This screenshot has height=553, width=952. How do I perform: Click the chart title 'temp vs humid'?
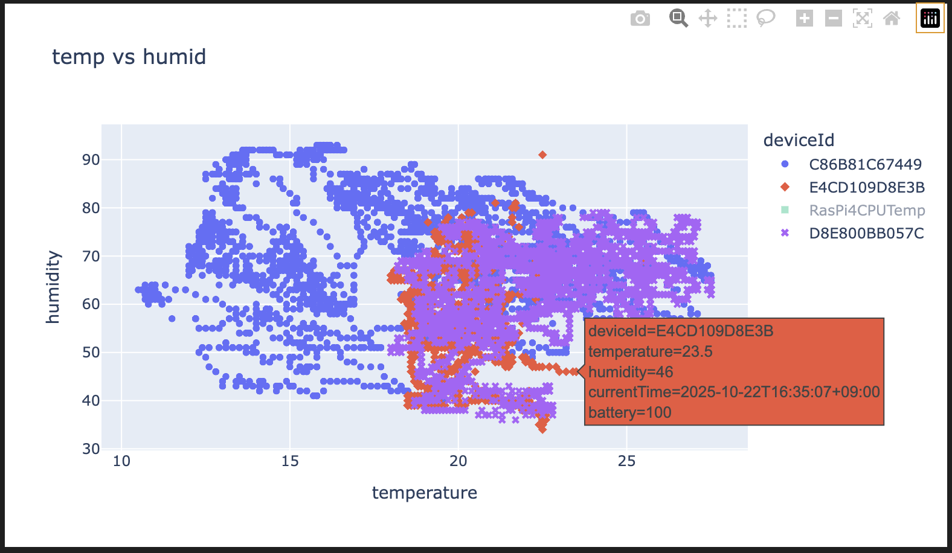pyautogui.click(x=129, y=57)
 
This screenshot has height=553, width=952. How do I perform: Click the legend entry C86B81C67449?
pyautogui.click(x=865, y=164)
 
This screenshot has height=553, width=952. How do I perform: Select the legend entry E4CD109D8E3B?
pyautogui.click(x=866, y=187)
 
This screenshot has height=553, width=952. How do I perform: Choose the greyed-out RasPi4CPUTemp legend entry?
pyautogui.click(x=867, y=210)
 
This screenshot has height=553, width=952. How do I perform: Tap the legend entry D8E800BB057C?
pyautogui.click(x=866, y=233)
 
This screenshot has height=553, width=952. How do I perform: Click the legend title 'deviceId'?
pyautogui.click(x=799, y=140)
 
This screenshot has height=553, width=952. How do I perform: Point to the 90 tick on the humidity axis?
pyautogui.click(x=91, y=160)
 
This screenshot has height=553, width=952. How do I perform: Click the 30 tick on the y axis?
pyautogui.click(x=91, y=449)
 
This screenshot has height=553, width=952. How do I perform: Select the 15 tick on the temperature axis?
pyautogui.click(x=290, y=461)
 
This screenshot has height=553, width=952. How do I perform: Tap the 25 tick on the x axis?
pyautogui.click(x=626, y=461)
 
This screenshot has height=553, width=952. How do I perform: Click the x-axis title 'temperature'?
pyautogui.click(x=424, y=493)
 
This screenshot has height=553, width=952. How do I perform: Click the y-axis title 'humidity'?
pyautogui.click(x=53, y=287)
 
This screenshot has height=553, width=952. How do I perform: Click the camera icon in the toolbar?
pyautogui.click(x=640, y=19)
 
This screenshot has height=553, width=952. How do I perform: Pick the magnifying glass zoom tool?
pyautogui.click(x=678, y=18)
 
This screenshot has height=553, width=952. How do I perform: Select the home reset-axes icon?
pyautogui.click(x=892, y=18)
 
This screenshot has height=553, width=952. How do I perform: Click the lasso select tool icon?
pyautogui.click(x=766, y=18)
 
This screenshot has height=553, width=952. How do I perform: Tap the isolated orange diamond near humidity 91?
pyautogui.click(x=542, y=155)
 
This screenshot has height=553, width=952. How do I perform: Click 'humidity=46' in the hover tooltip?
pyautogui.click(x=631, y=372)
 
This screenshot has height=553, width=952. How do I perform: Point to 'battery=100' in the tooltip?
pyautogui.click(x=629, y=412)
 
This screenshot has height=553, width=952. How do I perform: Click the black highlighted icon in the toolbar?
pyautogui.click(x=930, y=18)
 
